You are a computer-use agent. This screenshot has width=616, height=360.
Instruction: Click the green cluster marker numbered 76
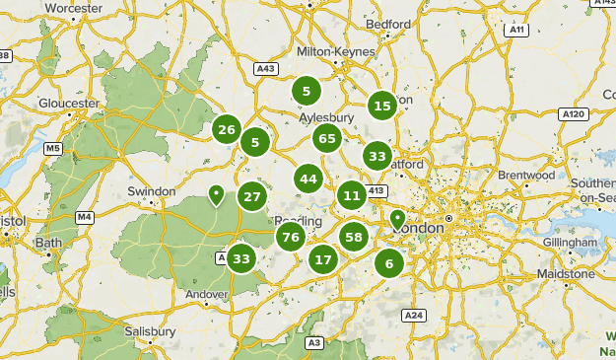[290, 237]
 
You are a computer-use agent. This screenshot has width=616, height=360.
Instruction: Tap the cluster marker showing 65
[328, 138]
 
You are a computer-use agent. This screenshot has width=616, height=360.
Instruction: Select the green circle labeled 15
[382, 106]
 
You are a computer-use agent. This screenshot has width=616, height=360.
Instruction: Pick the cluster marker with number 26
[227, 129]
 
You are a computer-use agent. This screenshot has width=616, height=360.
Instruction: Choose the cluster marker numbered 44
[308, 179]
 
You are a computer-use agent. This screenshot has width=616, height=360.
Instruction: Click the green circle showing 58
[354, 237]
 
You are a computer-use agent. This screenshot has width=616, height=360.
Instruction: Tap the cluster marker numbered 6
[389, 263]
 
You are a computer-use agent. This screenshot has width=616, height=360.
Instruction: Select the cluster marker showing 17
[323, 260]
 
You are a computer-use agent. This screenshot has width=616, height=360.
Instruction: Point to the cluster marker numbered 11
[352, 195]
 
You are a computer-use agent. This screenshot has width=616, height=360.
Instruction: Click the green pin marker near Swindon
[216, 194]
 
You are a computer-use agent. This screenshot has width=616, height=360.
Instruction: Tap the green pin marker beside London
[397, 219]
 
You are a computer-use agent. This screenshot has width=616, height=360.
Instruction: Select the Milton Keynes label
[336, 51]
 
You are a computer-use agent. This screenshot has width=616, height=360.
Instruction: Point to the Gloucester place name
[69, 103]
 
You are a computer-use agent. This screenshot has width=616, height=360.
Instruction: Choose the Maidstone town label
[565, 273]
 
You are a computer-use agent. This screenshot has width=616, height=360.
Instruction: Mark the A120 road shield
[573, 114]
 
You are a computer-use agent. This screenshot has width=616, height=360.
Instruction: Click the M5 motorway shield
[52, 149]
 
